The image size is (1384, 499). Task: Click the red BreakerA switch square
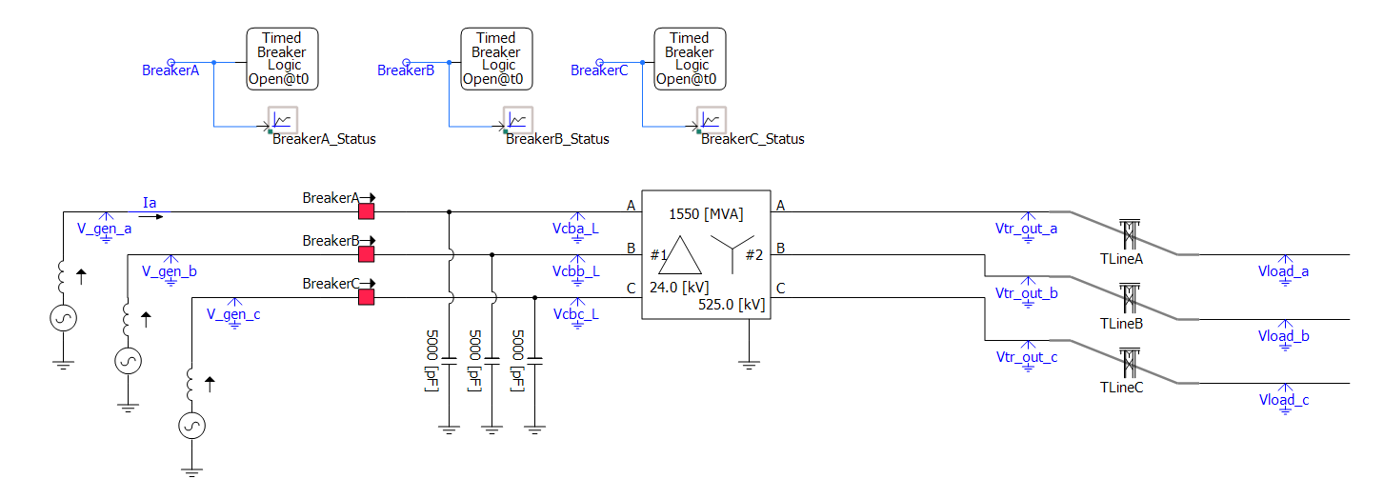[x=366, y=211]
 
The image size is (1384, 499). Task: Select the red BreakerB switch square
[x=366, y=254]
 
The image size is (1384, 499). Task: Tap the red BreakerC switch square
[x=366, y=297]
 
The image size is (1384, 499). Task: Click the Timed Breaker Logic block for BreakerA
[x=283, y=59]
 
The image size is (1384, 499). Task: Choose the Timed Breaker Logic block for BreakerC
[x=690, y=59]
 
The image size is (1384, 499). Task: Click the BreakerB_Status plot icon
[x=518, y=120]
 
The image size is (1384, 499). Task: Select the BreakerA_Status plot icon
[x=283, y=120]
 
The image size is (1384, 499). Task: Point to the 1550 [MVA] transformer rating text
[x=705, y=213]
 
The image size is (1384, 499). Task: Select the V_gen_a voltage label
[x=105, y=228]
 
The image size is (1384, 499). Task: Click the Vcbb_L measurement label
[x=575, y=271]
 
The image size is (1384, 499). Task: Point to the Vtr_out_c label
[x=1026, y=358]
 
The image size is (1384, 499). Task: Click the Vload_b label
[x=1283, y=336]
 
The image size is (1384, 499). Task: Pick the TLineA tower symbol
[x=1129, y=233]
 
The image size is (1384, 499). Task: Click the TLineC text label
[x=1121, y=388]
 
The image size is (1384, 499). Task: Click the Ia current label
[x=149, y=202]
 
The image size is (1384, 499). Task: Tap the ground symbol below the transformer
[x=749, y=360]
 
